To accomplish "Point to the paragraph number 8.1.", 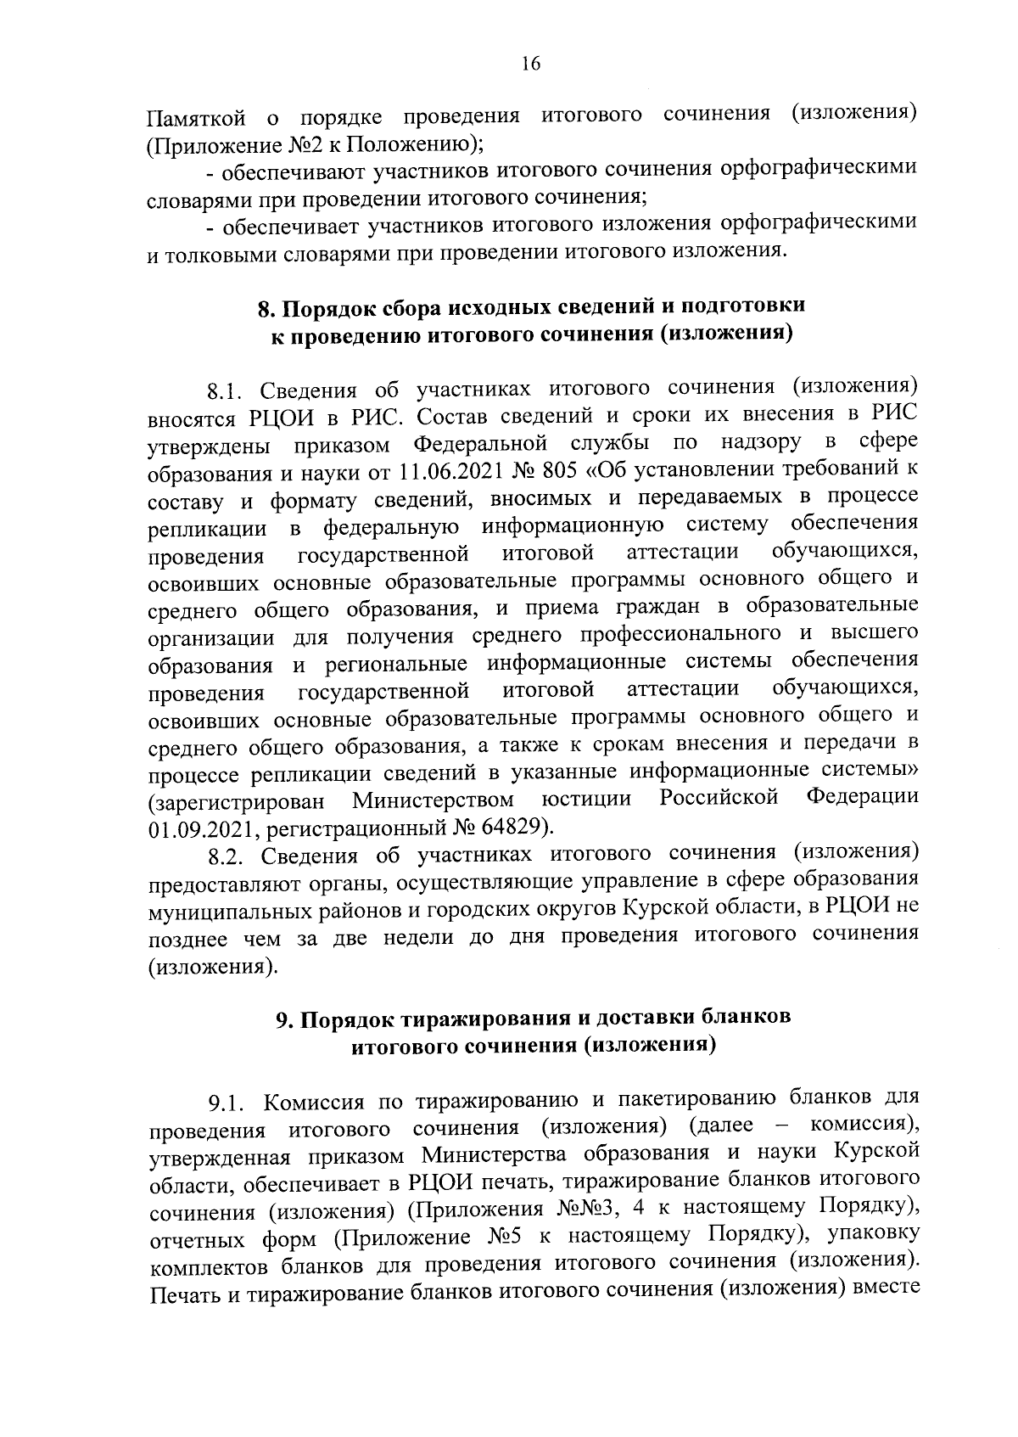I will click(226, 391).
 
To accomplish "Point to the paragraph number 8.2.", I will click(227, 855).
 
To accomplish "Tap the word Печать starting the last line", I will click(184, 1294).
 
